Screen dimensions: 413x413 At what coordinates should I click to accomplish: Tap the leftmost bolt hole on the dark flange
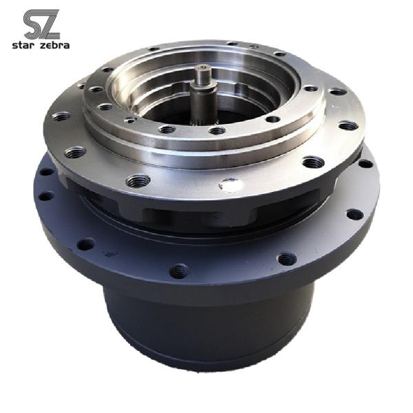coord(45,195)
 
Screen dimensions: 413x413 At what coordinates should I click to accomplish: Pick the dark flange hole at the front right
coord(287,259)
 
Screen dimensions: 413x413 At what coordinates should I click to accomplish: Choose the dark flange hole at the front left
coord(87,244)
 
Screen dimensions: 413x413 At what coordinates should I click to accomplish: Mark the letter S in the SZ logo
coord(32,24)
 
